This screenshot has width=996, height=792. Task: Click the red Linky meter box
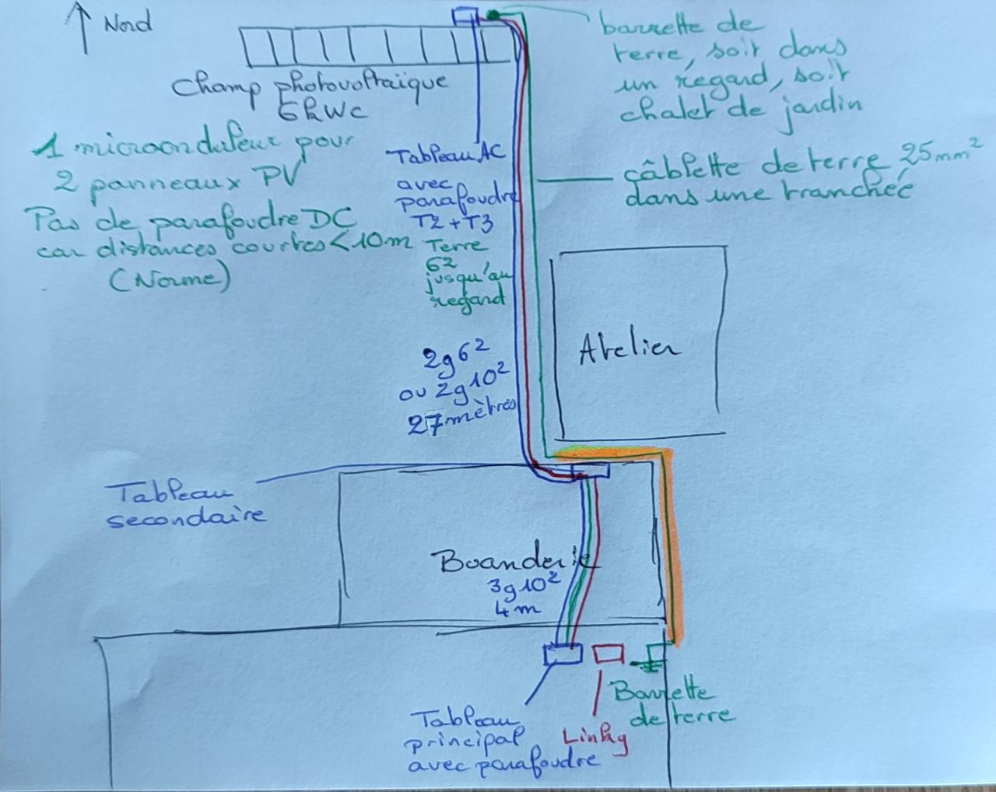[x=608, y=654]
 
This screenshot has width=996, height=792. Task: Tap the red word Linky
[x=595, y=736]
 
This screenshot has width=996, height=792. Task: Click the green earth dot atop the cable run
[x=493, y=13]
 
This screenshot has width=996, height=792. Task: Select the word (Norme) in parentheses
[x=170, y=278]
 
